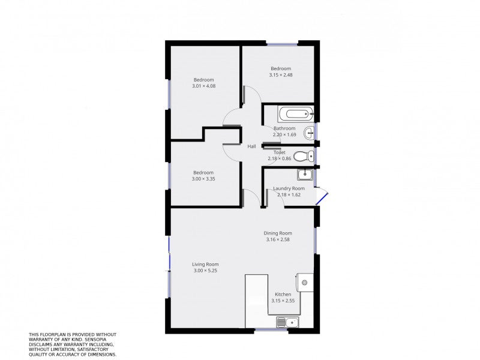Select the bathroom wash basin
309,132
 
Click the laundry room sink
305,175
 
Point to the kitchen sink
288,323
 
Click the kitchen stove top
304,282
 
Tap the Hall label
251,146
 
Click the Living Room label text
205,264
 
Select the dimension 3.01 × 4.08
203,86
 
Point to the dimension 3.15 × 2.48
280,75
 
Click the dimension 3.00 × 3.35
203,179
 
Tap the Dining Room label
278,233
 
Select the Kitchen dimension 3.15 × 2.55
283,301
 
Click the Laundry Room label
289,188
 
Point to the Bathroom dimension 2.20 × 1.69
284,134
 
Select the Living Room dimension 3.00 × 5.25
205,271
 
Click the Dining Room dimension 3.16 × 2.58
278,239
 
